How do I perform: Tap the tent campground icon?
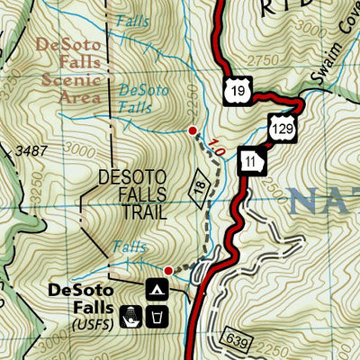point(156,289)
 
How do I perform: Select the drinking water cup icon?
point(157,316)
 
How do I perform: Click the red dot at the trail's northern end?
point(192,131)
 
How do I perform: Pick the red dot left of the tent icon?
point(167,269)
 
